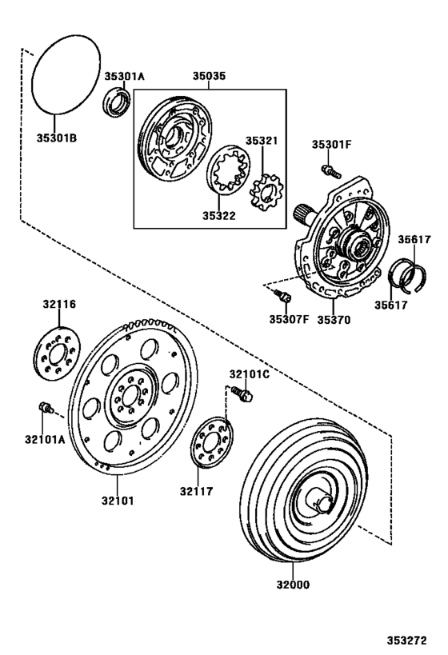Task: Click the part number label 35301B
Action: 54,138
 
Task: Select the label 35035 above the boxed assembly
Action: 208,77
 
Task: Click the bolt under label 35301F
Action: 327,169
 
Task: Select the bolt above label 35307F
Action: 281,297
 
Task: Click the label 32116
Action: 58,305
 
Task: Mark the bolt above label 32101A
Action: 45,409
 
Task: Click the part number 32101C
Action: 250,374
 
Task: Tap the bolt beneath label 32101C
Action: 243,393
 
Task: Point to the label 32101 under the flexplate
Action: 117,501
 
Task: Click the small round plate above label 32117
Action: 212,443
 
